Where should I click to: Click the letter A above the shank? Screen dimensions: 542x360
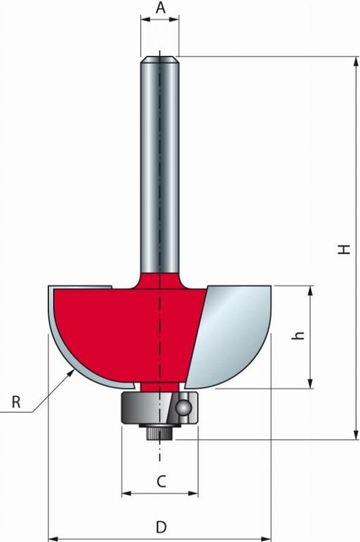coord(160,7)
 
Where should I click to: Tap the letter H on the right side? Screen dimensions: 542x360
coord(346,249)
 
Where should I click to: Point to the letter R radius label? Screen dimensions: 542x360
coord(16,402)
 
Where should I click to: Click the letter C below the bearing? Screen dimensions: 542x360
coord(161,481)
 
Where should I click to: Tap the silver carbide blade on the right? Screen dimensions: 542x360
coord(231,333)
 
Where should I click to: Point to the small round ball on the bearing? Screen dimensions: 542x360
coord(182,407)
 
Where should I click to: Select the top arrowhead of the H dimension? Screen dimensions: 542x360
coord(355,62)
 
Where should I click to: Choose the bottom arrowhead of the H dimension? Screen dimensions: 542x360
coord(355,435)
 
